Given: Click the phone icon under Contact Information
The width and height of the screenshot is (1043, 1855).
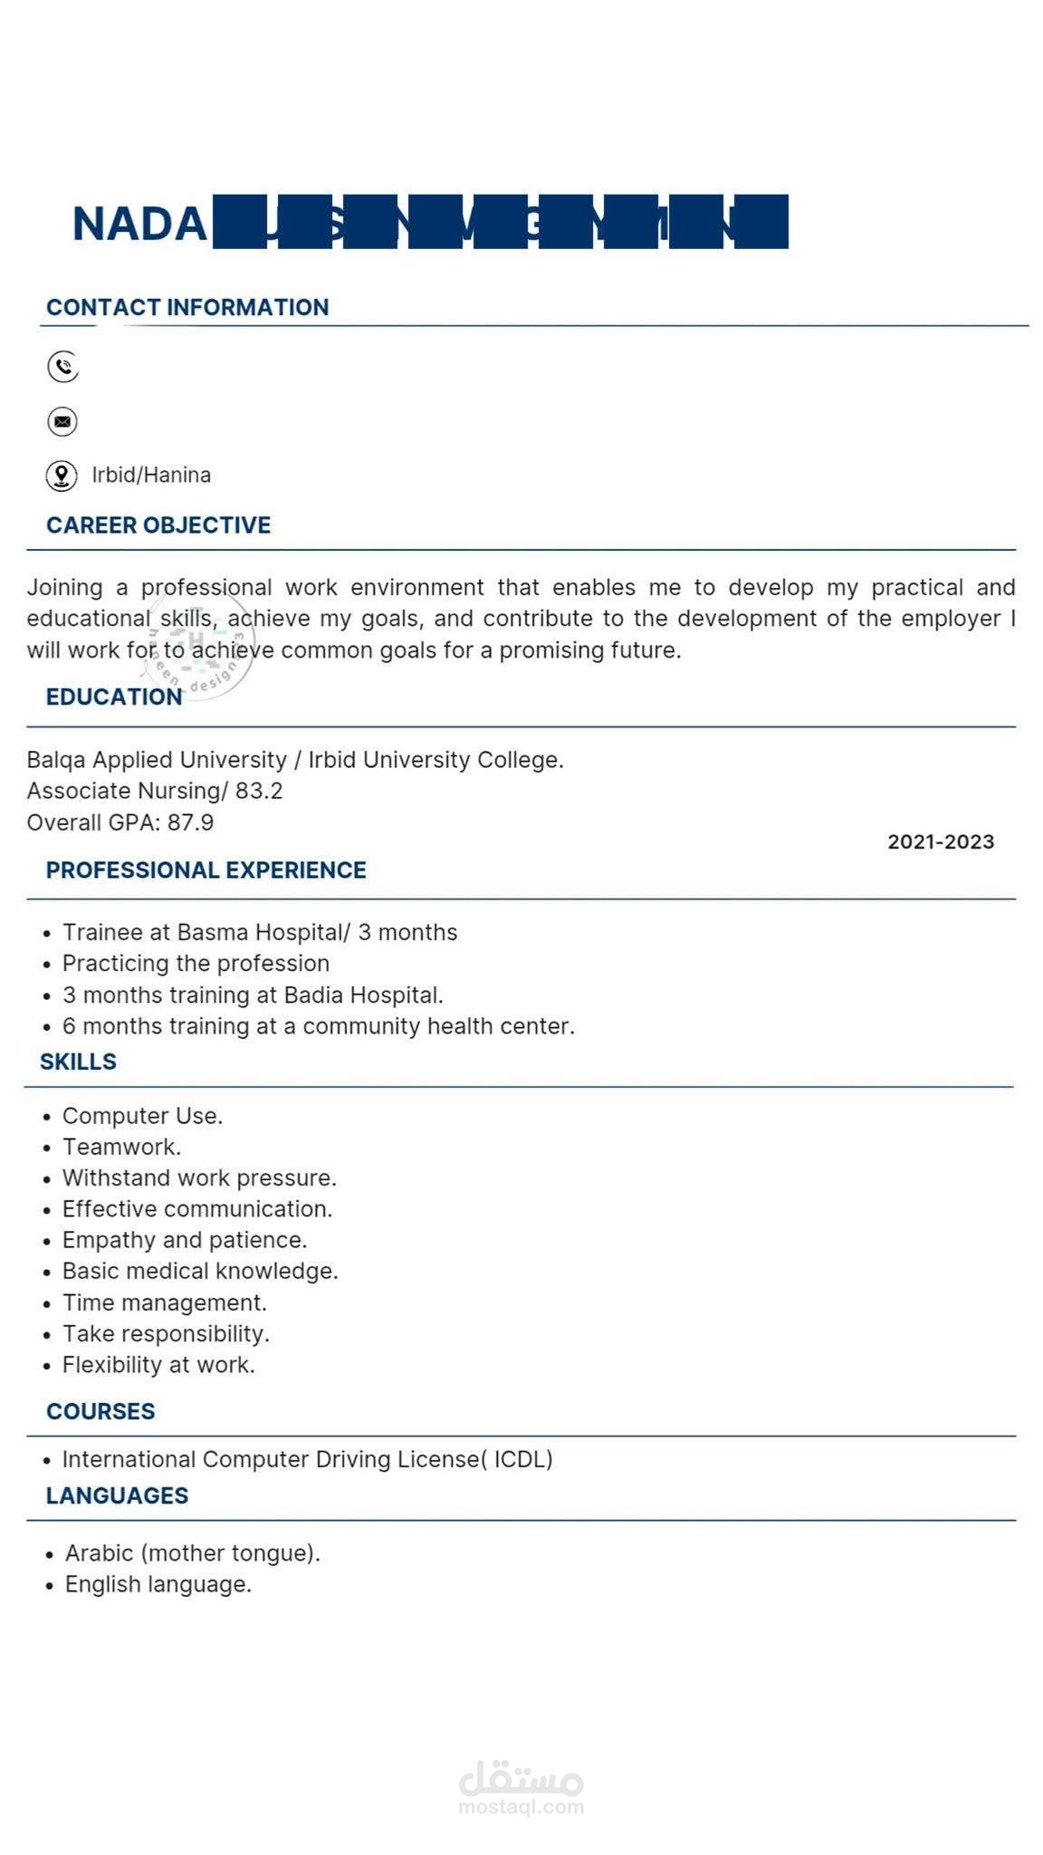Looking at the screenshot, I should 62,367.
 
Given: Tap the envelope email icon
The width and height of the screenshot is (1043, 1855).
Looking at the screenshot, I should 62,421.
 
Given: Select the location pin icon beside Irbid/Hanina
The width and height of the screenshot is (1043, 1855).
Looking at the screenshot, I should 62,476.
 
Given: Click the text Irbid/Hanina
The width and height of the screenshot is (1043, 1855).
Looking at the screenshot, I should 151,475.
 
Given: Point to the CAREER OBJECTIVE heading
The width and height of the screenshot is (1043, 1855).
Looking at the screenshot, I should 158,525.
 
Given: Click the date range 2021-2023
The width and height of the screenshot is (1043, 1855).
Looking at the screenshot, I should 941,841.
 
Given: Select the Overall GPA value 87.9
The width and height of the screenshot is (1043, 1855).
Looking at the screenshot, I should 190,822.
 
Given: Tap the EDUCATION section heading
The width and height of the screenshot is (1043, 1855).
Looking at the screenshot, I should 114,697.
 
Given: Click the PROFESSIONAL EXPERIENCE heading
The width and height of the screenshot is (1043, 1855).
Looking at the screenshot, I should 206,870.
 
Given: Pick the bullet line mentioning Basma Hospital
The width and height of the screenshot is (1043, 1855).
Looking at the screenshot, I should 259,932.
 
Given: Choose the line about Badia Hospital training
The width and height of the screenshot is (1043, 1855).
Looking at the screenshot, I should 253,995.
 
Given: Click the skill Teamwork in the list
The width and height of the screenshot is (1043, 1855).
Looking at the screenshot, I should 121,1147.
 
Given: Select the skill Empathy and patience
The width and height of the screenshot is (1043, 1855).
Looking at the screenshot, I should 185,1239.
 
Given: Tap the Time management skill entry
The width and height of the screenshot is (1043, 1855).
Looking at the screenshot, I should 164,1302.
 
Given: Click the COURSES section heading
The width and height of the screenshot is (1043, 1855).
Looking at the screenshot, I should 100,1411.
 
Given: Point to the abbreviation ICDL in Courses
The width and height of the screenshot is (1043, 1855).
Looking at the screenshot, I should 521,1459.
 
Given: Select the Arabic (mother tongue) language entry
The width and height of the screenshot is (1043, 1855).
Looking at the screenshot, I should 192,1552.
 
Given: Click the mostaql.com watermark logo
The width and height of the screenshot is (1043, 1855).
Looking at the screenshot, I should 521,1788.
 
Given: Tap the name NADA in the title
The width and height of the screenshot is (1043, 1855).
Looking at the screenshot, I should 139,224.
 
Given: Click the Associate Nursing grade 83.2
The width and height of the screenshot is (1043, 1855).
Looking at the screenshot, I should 259,791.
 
